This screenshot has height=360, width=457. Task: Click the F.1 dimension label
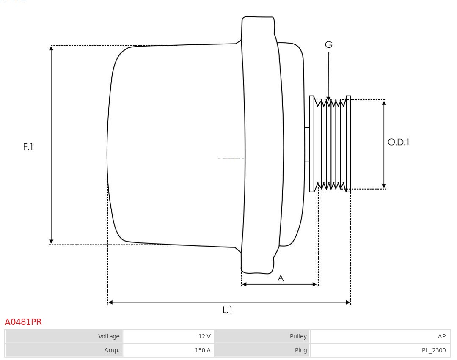point(28,147)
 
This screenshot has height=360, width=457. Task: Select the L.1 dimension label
point(228,310)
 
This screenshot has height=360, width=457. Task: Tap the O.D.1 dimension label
point(399,143)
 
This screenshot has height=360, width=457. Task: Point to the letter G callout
point(329,44)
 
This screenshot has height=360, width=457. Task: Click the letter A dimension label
point(281,278)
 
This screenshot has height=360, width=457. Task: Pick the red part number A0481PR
point(23,322)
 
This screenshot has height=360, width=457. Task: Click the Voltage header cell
point(63,336)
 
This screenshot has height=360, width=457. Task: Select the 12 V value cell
point(168,336)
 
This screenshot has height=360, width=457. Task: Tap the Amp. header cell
point(63,350)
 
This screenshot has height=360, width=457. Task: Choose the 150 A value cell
point(168,350)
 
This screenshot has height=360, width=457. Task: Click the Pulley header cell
point(262,336)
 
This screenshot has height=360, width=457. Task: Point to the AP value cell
point(380,336)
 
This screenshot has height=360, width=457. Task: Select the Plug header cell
point(262,350)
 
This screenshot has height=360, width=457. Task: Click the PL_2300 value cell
point(380,350)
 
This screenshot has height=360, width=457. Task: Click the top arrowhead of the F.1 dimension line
point(51,48)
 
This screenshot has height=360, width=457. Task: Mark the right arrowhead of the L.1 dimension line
point(348,302)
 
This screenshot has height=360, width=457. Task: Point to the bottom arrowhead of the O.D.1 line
point(384,186)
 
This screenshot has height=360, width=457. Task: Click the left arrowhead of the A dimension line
point(244,284)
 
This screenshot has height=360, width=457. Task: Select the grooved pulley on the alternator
point(330,144)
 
